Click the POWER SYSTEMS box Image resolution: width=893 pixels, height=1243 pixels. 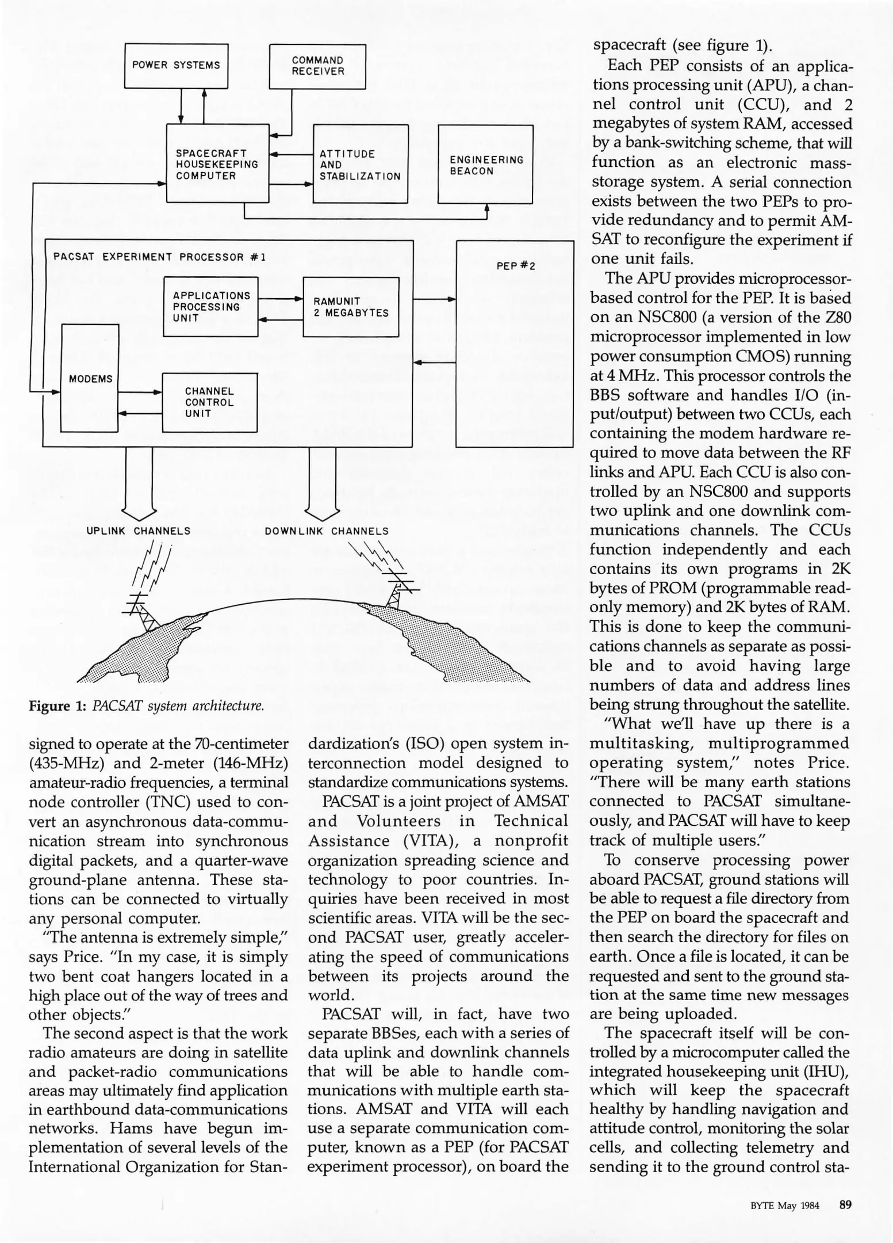(x=176, y=66)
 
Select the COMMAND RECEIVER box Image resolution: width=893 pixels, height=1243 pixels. (x=317, y=66)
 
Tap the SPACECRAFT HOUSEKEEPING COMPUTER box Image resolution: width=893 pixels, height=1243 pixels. (x=217, y=164)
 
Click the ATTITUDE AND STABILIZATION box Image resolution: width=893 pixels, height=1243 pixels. (x=360, y=165)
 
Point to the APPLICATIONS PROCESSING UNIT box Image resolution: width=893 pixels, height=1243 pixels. (x=211, y=307)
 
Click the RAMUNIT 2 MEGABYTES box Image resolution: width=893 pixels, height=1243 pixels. (x=351, y=307)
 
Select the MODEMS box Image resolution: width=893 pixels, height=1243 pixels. (x=90, y=379)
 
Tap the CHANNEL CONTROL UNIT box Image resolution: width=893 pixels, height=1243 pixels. (x=209, y=402)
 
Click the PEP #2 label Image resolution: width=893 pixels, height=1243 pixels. (x=515, y=266)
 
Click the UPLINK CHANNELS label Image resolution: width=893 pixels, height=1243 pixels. (x=138, y=531)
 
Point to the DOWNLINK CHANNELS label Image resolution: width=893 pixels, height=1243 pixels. (x=326, y=531)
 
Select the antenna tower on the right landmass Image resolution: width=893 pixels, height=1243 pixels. (x=396, y=588)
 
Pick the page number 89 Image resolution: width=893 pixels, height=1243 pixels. (x=845, y=1204)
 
